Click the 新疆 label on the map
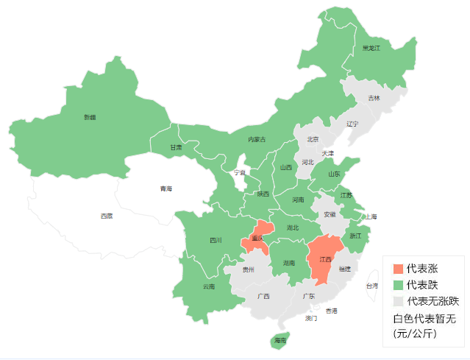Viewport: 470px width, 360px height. click(90, 117)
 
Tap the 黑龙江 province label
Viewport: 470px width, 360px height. click(371, 48)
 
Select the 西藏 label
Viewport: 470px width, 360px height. click(107, 216)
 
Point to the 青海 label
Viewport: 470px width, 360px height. click(166, 189)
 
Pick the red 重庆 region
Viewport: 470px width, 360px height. click(257, 238)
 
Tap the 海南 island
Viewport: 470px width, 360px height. click(280, 340)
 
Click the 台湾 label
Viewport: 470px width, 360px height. click(372, 285)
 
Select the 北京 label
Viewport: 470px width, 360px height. click(313, 139)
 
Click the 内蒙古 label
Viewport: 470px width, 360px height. click(257, 139)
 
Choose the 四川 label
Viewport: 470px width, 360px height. click(216, 240)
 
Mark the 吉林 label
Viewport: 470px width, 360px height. click(374, 98)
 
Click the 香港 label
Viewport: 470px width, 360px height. click(332, 311)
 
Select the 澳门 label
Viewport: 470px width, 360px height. click(311, 319)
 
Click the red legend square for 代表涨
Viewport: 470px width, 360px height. click(398, 269)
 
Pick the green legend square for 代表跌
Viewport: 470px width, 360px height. click(398, 285)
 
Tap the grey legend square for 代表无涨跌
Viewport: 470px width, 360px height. click(398, 301)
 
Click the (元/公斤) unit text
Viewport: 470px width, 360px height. click(415, 333)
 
